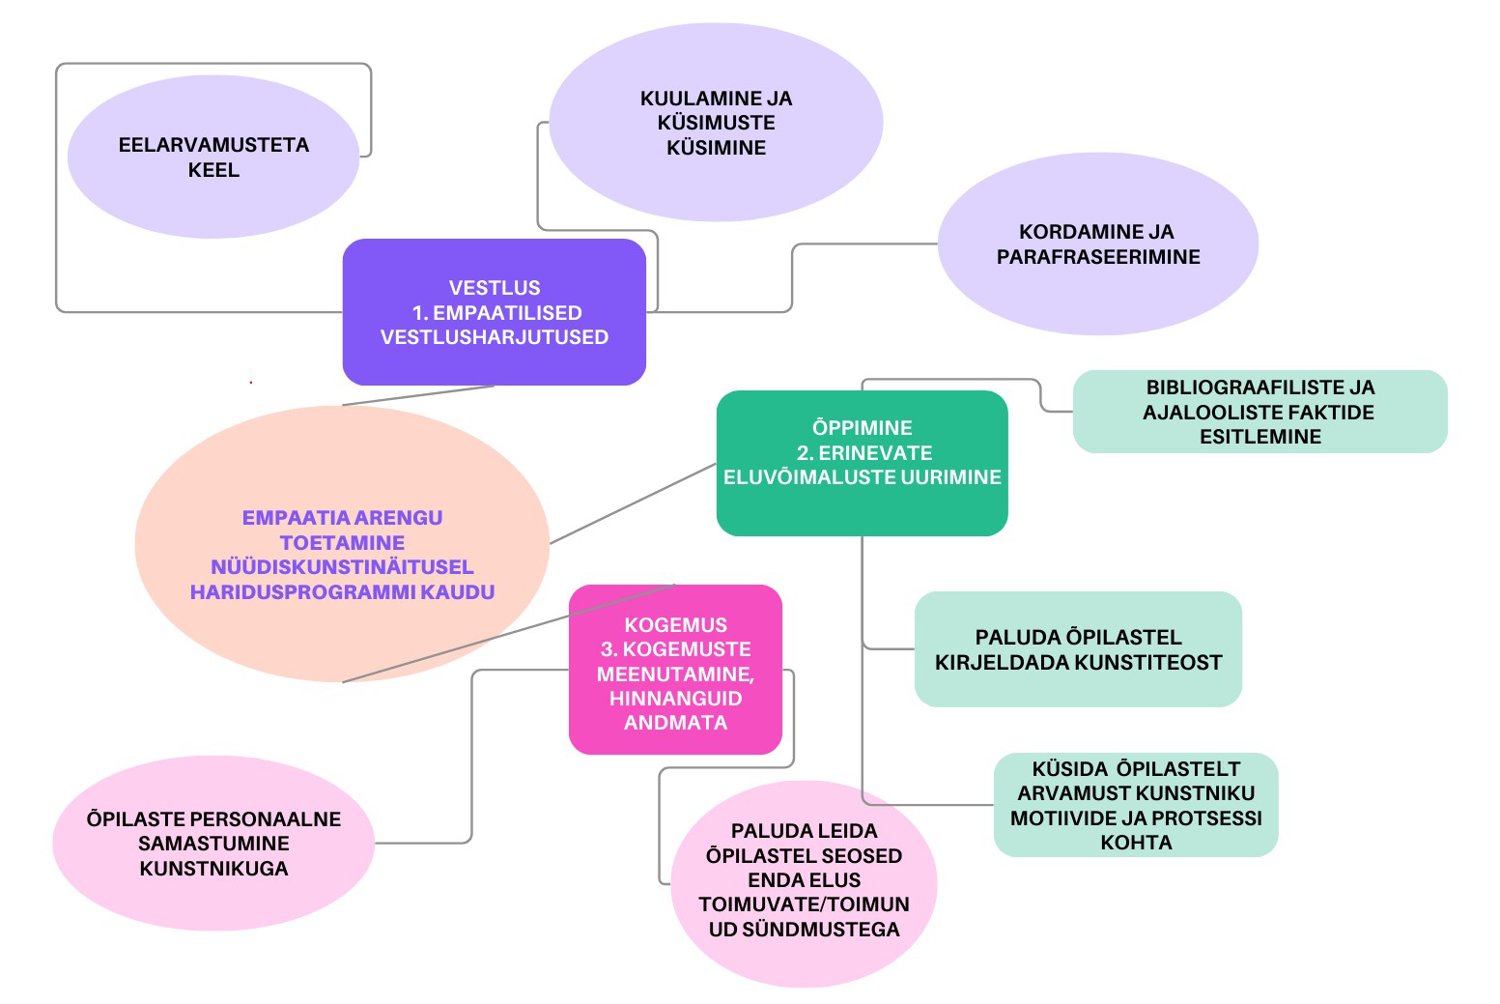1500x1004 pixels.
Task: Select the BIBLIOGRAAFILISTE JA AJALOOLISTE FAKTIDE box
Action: [x=1259, y=412]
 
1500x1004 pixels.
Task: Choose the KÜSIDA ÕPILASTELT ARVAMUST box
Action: [x=1136, y=805]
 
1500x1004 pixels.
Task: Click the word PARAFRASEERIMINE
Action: [x=1098, y=257]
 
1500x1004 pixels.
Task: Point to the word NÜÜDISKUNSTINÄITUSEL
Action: [x=342, y=567]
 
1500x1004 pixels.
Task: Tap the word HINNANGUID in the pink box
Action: [x=675, y=698]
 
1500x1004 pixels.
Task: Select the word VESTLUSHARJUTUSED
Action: [x=495, y=337]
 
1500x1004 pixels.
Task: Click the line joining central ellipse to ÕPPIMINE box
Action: [x=633, y=503]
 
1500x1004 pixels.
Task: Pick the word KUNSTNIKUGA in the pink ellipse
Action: [x=213, y=869]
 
